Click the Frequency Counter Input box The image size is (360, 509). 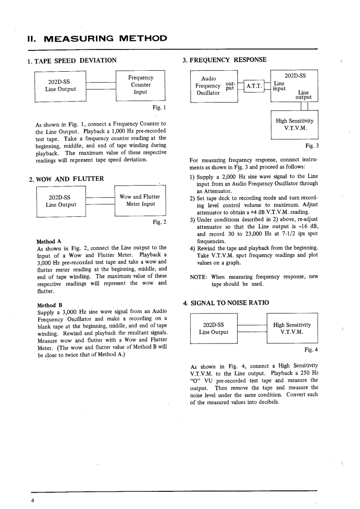(141, 85)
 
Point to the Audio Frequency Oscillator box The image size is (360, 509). (213, 86)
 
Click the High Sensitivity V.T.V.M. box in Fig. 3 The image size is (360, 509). (294, 124)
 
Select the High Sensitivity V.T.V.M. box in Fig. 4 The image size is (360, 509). (292, 328)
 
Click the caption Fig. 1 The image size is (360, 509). (160, 108)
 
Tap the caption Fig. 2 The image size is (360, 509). (160, 222)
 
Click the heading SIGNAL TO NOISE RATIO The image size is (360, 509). (229, 303)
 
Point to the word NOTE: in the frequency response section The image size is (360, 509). (199, 277)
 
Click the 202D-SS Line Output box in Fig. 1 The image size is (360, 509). (61, 85)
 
